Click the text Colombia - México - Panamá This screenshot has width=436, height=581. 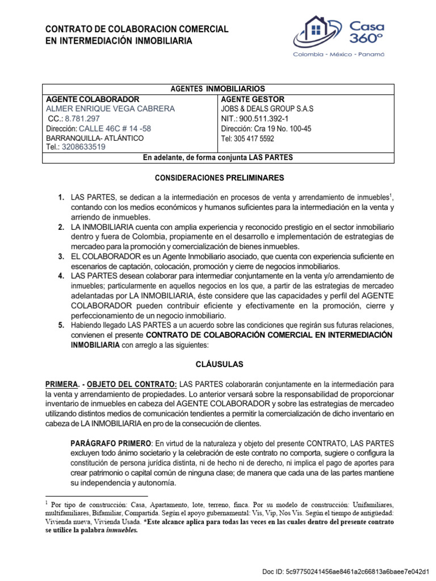point(338,54)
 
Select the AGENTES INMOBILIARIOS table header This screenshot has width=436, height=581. point(218,89)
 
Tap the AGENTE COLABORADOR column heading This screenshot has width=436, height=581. point(93,99)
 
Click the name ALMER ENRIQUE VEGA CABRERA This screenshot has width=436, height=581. point(110,109)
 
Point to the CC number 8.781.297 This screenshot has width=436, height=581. point(82,119)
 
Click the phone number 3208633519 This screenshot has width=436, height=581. point(85,147)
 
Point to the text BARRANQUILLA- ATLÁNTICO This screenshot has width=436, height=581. point(95,138)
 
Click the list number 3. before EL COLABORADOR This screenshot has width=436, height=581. point(61,257)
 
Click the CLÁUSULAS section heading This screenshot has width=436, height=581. point(218,363)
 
